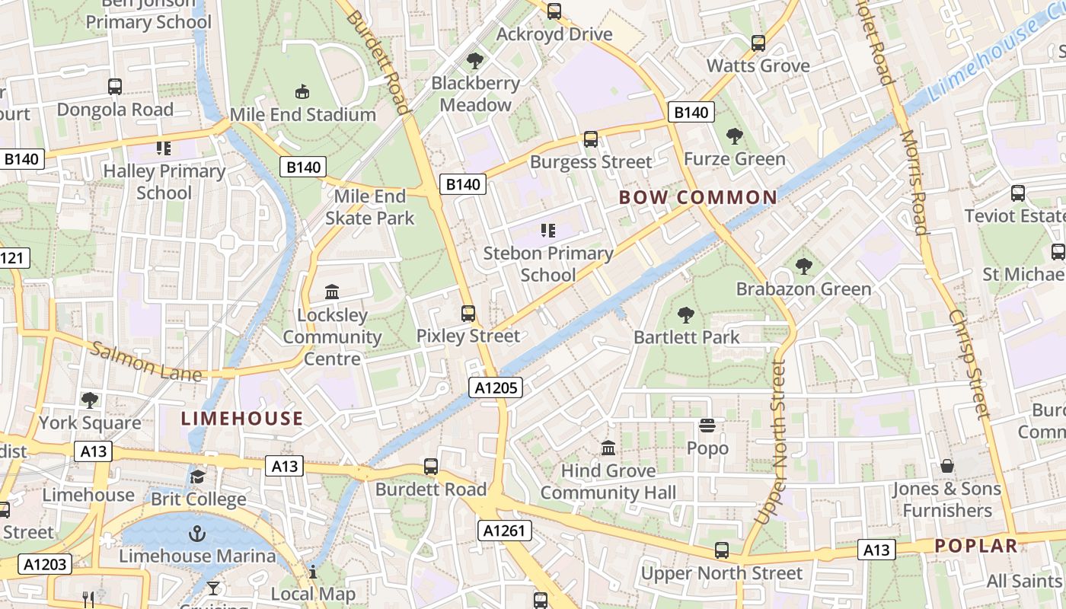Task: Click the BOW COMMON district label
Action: tap(698, 198)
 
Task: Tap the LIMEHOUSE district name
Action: tap(242, 418)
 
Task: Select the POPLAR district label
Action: tap(976, 545)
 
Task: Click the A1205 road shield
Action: tap(496, 387)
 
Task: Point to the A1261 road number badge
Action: tap(505, 530)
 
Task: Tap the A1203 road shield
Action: tap(46, 564)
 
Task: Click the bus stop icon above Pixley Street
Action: tap(468, 313)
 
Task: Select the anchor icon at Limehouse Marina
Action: tap(197, 533)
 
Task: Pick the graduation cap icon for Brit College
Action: tap(197, 477)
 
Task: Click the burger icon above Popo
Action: tap(707, 426)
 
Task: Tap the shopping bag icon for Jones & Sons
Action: tap(947, 465)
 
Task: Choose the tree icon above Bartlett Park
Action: tap(686, 314)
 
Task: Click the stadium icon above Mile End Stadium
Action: tap(302, 92)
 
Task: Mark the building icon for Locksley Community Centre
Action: tap(332, 292)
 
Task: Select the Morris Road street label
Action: tap(913, 182)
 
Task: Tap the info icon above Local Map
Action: tap(313, 572)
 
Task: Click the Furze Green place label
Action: tap(734, 158)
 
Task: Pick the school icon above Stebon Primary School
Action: tap(547, 230)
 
